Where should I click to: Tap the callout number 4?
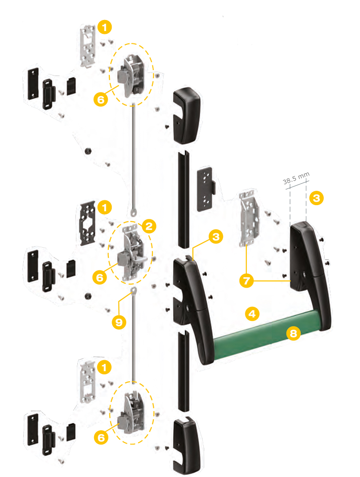click(x=251, y=313)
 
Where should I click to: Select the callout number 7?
click(x=246, y=281)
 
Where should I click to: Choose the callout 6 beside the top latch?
click(x=101, y=99)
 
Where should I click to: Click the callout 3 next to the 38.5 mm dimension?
click(x=316, y=198)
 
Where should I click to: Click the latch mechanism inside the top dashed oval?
click(x=131, y=75)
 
